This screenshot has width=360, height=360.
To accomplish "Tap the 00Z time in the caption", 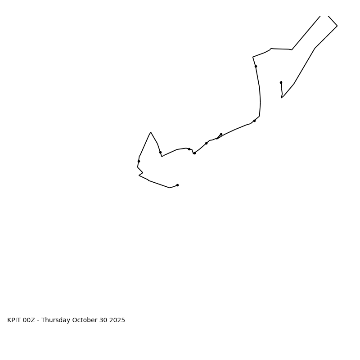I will (x=29, y=320).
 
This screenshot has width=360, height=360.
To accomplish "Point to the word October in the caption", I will (x=84, y=320).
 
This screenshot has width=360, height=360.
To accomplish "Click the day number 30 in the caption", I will (x=102, y=320).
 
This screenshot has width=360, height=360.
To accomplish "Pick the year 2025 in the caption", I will (x=117, y=320).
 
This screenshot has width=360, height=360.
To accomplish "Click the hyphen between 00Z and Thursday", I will (x=38, y=320).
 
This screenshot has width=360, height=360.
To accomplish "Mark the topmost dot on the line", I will (x=256, y=66).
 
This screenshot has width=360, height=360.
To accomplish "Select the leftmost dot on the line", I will (x=139, y=161).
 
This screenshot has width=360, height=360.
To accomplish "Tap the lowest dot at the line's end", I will (x=177, y=185).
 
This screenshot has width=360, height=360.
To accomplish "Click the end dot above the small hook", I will (x=281, y=82).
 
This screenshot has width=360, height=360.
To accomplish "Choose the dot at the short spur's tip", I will (x=221, y=134).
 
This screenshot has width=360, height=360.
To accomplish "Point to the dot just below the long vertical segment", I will (x=254, y=121).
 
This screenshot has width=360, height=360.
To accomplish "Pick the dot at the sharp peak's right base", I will (x=160, y=152).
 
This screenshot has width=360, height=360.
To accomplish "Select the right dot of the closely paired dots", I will (x=194, y=153).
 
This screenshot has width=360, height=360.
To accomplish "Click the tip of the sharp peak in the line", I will (x=151, y=132).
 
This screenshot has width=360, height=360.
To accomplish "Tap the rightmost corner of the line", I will (x=337, y=26).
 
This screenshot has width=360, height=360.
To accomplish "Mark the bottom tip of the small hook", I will (x=281, y=98).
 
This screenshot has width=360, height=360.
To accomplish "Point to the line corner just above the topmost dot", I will (x=253, y=57).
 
